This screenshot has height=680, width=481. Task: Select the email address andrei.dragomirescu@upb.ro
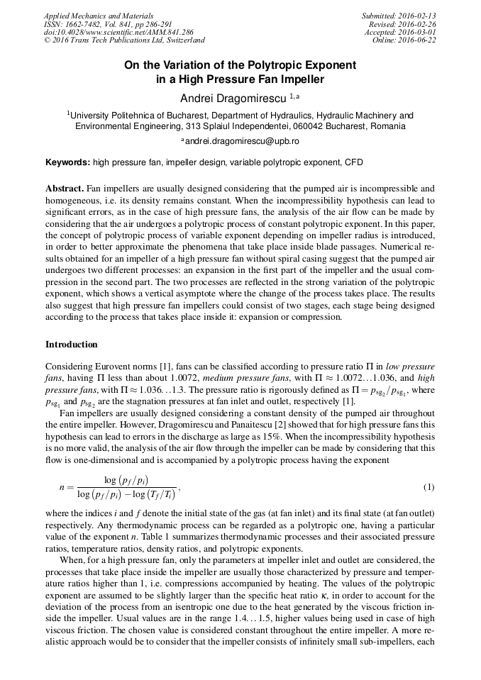pyautogui.click(x=241, y=141)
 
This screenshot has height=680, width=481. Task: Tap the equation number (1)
pyautogui.click(x=429, y=487)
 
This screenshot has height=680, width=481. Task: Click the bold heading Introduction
pyautogui.click(x=72, y=345)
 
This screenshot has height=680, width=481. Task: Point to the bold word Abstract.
pyautogui.click(x=65, y=189)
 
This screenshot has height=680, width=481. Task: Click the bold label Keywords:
pyautogui.click(x=68, y=162)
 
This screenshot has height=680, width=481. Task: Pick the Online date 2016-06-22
pyautogui.click(x=418, y=40)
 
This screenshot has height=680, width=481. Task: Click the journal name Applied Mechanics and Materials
pyautogui.click(x=99, y=16)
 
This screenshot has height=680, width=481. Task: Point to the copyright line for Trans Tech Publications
pyautogui.click(x=124, y=40)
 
